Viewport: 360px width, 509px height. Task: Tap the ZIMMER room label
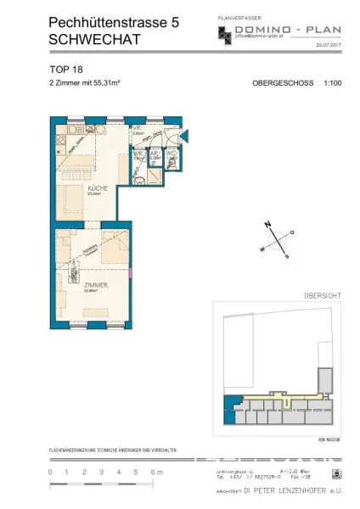coord(94,286)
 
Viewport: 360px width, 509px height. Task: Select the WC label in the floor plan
coord(171,154)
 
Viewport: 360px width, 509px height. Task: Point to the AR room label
coord(155,154)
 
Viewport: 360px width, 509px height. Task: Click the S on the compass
coord(287,255)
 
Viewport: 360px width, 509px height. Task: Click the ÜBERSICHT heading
coord(323,295)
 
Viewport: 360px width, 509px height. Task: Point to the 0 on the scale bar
coord(51,472)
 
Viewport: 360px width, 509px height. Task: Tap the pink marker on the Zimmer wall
coord(132,272)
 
